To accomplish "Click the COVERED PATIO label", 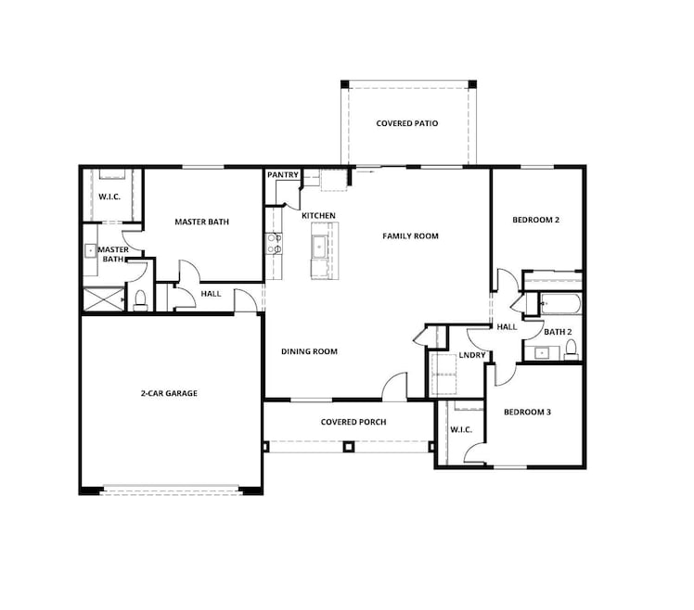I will tap(406, 123).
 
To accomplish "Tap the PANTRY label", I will tap(282, 174).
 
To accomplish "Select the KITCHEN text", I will tap(318, 216).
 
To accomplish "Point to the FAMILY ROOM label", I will tap(410, 236).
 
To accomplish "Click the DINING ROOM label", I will tap(309, 351).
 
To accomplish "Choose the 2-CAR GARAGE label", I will tap(169, 393).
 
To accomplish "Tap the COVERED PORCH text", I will tap(353, 422).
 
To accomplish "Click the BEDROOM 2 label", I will tap(535, 221).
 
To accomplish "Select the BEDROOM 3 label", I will tap(527, 412).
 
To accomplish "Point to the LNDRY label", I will tap(472, 356).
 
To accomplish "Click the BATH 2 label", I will tap(558, 332).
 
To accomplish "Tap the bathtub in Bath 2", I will tap(559, 303).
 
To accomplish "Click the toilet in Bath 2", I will tap(572, 350).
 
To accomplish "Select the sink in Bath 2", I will tap(541, 352).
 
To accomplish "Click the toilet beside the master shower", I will tap(141, 299).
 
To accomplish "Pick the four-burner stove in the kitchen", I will tap(275, 243).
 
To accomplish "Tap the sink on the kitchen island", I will tap(319, 248).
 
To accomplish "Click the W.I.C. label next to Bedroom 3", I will tap(461, 429).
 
